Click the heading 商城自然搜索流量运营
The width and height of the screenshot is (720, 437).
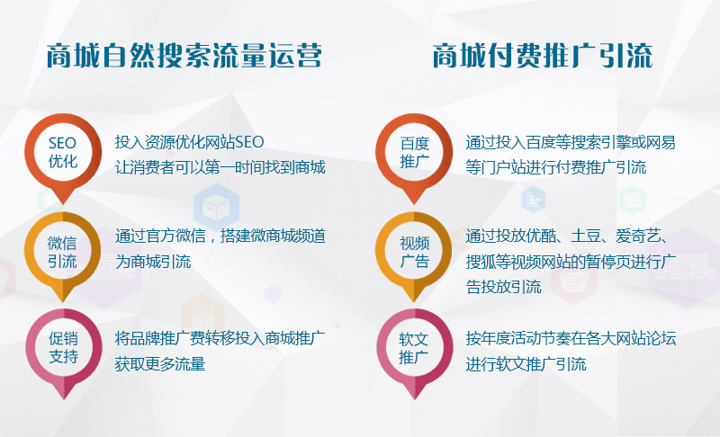(184, 56)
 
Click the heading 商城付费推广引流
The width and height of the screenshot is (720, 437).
(543, 56)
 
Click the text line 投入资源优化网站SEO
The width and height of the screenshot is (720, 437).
(189, 142)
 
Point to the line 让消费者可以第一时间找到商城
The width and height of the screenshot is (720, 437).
(220, 167)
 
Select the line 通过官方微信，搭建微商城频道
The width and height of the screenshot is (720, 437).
(220, 236)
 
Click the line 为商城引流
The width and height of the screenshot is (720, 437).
(153, 262)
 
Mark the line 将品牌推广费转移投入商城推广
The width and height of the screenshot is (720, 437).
(220, 338)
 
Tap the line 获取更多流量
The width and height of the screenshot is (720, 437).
(160, 364)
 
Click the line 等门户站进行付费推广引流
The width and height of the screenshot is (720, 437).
(556, 167)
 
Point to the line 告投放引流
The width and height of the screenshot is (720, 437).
(503, 287)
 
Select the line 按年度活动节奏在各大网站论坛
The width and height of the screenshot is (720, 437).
(571, 338)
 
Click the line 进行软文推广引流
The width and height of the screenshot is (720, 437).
(526, 364)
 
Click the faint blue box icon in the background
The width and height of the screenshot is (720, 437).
(216, 208)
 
